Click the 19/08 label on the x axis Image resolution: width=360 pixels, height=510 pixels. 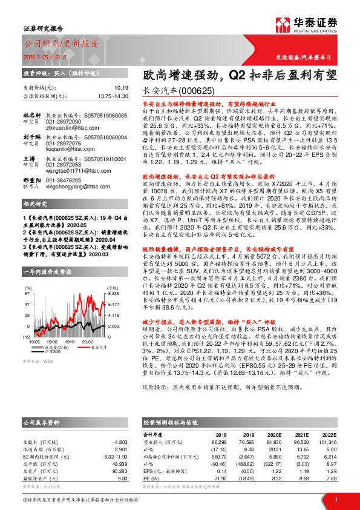[x=53, y=340]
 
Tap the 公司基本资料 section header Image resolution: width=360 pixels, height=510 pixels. [x=41, y=403]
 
